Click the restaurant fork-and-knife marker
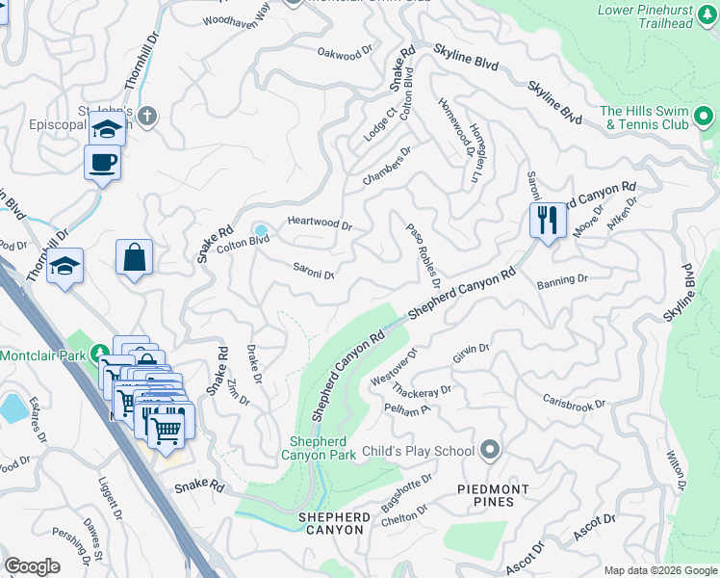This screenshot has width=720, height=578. pyautogui.click(x=546, y=221)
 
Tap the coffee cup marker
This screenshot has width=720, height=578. pyautogui.click(x=103, y=162)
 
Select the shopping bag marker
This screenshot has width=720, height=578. pyautogui.click(x=135, y=258)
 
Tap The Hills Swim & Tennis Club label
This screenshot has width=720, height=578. pyautogui.click(x=645, y=118)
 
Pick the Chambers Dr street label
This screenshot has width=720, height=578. pyautogui.click(x=387, y=166)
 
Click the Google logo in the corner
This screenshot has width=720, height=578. pyautogui.click(x=32, y=566)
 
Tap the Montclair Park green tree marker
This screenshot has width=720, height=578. pyautogui.click(x=98, y=354)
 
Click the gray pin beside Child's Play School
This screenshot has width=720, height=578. pyautogui.click(x=491, y=450)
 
